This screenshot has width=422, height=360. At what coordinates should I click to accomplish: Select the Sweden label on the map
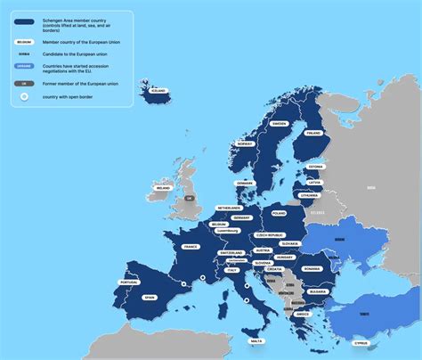279,124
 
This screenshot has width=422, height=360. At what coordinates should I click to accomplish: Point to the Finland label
313,133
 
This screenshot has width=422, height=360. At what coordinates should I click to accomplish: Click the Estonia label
315,167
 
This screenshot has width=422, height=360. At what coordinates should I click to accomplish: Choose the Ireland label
163,188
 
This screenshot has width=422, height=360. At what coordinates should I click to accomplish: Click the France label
189,247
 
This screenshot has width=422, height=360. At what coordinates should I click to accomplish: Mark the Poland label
279,214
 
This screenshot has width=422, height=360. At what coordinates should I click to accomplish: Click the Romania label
311,268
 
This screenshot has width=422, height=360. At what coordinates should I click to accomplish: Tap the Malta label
256,341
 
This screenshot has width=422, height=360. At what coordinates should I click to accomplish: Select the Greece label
303,314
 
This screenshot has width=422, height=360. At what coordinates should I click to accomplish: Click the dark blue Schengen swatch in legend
25,22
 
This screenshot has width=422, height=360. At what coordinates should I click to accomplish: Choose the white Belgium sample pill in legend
25,42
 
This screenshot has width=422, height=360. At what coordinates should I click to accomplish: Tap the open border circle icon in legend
25,95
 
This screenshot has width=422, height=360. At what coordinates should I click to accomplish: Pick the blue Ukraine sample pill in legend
25,66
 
